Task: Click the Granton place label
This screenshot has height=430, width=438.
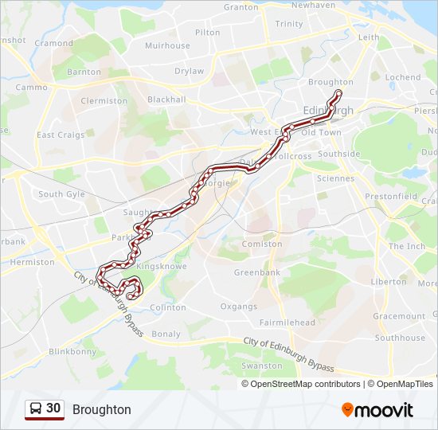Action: (x=241, y=7)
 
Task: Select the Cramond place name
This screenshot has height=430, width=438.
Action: (x=54, y=43)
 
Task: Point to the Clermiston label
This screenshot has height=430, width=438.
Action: (x=104, y=101)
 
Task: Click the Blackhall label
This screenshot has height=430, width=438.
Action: (x=166, y=100)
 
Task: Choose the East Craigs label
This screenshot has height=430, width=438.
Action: (x=61, y=135)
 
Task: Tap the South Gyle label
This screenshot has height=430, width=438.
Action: (x=61, y=194)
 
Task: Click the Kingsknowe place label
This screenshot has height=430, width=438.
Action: (x=162, y=266)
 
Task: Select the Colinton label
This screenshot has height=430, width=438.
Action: (x=167, y=307)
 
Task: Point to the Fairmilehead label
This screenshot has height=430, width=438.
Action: (x=287, y=322)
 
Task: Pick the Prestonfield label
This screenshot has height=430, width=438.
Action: (x=390, y=195)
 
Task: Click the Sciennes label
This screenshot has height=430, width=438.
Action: (x=335, y=178)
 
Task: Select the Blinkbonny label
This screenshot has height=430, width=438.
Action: (x=72, y=351)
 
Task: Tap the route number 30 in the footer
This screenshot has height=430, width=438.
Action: (x=53, y=408)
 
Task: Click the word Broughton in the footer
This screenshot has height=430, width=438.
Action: (x=102, y=410)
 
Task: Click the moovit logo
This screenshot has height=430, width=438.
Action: (x=377, y=410)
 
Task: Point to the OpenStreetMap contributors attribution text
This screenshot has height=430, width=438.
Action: (x=306, y=384)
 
